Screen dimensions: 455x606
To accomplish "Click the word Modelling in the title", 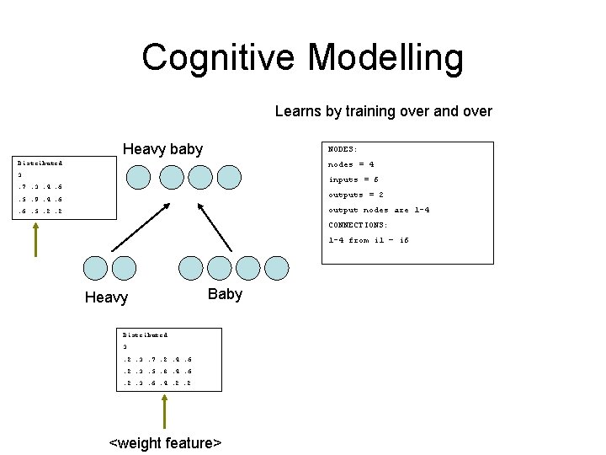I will click(385, 58).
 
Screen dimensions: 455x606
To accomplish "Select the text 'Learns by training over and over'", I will click(383, 111).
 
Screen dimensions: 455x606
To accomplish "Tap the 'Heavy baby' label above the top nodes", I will click(162, 149).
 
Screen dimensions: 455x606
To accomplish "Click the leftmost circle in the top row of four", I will click(138, 177).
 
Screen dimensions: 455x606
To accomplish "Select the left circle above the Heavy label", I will click(96, 268).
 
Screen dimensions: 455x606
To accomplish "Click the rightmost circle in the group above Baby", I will click(273, 268).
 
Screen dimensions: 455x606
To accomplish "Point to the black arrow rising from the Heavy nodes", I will click(117, 223).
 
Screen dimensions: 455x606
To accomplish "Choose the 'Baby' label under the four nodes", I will click(225, 294).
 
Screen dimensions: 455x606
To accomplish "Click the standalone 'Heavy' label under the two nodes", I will click(107, 297).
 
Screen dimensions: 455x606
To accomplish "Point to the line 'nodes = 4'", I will click(351, 164).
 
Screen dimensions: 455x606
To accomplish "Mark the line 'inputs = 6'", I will click(353, 179).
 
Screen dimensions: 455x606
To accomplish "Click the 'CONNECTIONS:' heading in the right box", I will click(358, 225).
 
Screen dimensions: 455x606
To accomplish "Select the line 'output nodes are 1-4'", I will click(378, 210).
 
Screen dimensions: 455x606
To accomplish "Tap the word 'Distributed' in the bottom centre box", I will click(145, 335).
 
